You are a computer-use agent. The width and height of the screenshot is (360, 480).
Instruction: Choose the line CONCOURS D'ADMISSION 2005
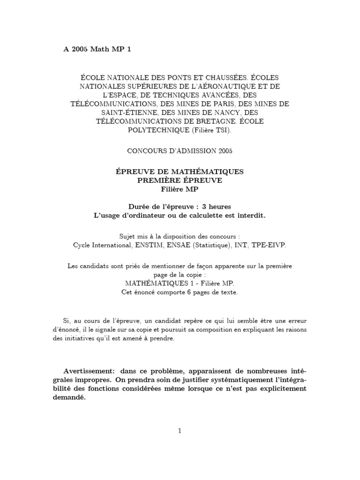(180, 151)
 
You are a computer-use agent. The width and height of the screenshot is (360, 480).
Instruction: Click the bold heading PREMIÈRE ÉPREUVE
(180, 180)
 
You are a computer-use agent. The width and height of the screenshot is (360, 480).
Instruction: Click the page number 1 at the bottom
(180, 431)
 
